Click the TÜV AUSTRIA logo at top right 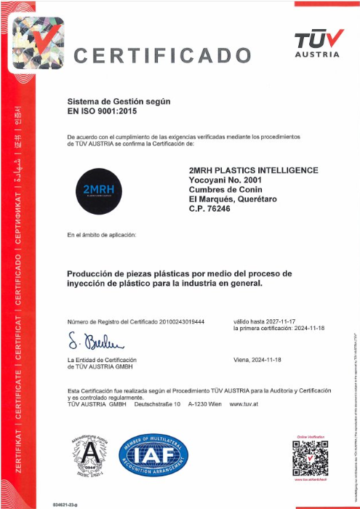[x=317, y=43]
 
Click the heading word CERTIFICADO [x=168, y=55]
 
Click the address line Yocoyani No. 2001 [x=225, y=180]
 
